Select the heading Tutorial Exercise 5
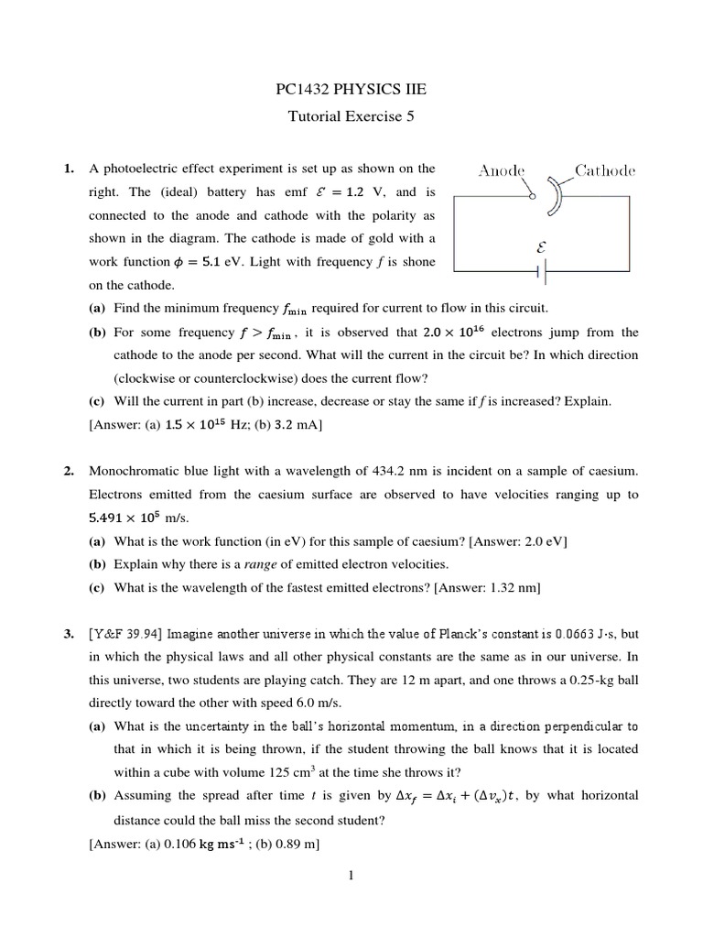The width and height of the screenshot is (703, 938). [x=351, y=116]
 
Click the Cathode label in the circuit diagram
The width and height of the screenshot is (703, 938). [x=604, y=170]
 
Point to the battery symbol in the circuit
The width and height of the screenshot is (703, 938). [x=545, y=272]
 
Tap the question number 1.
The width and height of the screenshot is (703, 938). [x=69, y=169]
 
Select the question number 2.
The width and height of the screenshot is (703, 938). [x=69, y=472]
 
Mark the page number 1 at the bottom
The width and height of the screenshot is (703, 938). [x=351, y=875]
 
